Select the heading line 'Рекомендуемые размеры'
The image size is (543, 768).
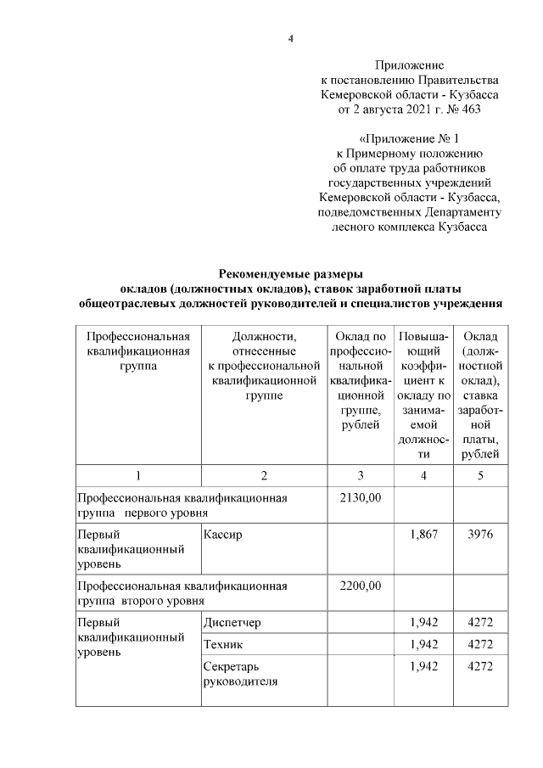[x=290, y=273]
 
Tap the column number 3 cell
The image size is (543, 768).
[x=361, y=475]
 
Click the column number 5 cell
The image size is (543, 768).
[x=480, y=475]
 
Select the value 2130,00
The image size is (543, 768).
[x=361, y=497]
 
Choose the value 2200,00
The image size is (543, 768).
[x=361, y=586]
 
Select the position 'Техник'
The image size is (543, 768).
[x=223, y=644]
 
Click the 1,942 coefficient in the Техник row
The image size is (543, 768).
[x=423, y=644]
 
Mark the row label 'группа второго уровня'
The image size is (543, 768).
[x=140, y=600]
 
